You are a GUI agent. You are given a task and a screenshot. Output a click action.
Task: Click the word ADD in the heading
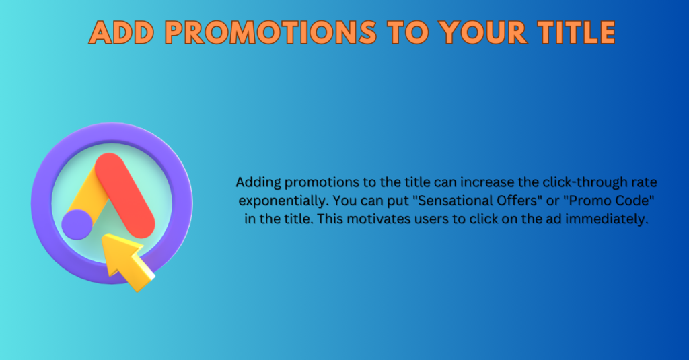[122, 32]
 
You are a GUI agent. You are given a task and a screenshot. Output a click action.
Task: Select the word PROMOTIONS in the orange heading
[270, 32]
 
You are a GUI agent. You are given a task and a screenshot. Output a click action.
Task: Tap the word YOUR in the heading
[482, 32]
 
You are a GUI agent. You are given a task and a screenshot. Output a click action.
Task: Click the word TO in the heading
[407, 32]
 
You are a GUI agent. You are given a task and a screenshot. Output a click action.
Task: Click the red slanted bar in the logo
[125, 196]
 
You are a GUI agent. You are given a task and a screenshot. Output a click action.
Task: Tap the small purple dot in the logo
[77, 225]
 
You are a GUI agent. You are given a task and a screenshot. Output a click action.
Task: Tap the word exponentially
[284, 201]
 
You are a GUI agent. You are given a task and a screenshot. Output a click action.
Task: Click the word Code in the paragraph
[630, 201]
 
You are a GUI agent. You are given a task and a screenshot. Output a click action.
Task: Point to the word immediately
[607, 219]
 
